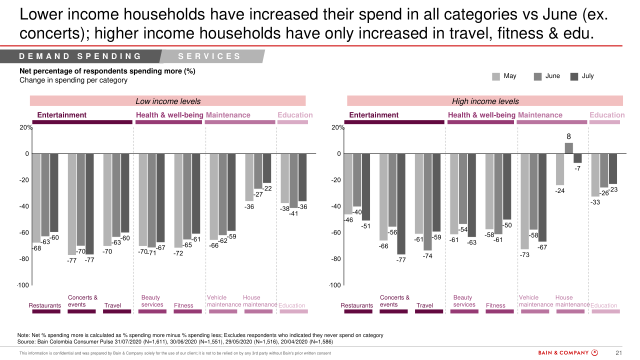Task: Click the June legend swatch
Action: (x=538, y=76)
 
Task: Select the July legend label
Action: (x=587, y=76)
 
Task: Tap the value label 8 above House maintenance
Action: (x=568, y=136)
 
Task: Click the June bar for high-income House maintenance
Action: (x=569, y=148)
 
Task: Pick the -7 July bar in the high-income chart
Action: (x=577, y=158)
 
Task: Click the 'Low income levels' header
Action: (x=168, y=101)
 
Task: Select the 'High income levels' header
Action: (x=485, y=101)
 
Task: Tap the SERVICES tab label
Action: (x=209, y=56)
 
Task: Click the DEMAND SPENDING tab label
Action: (x=80, y=56)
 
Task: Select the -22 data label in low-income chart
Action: (x=267, y=188)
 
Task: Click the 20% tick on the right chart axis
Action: (x=338, y=127)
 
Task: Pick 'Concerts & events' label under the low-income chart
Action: (x=82, y=301)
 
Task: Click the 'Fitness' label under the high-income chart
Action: (x=495, y=305)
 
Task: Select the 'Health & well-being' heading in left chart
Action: (x=169, y=115)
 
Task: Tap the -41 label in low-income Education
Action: (x=293, y=213)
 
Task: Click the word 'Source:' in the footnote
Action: (x=28, y=342)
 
